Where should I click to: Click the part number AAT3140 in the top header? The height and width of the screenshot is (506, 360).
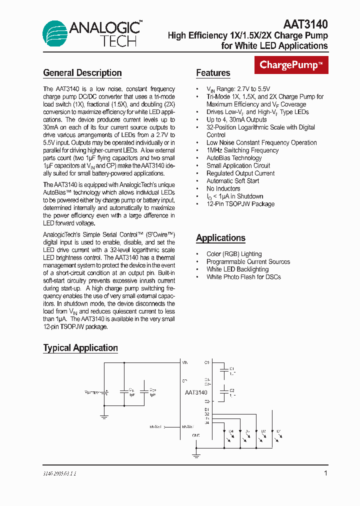305,24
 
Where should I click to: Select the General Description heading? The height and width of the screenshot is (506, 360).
82,73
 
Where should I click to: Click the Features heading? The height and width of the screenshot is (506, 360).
213,73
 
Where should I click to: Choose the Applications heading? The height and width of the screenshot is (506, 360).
220,238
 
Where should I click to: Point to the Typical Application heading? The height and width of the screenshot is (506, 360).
80,348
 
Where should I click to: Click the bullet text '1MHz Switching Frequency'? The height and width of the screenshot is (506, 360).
242,150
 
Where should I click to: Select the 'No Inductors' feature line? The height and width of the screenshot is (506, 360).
223,188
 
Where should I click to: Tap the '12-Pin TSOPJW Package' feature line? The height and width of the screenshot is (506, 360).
240,204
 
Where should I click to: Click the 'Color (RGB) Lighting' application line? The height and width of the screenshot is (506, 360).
234,254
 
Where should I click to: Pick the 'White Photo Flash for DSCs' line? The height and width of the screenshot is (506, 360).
243,277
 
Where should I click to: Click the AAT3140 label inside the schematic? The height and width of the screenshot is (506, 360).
196,392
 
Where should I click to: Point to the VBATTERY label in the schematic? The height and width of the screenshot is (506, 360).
92,392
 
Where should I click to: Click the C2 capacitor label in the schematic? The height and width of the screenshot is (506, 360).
232,390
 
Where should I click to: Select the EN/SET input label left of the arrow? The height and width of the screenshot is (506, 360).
156,427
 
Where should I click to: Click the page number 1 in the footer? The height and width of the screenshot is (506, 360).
326,473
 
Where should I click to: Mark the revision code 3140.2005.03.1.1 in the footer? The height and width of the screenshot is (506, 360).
59,473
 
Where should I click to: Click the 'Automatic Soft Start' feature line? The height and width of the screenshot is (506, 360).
233,181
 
